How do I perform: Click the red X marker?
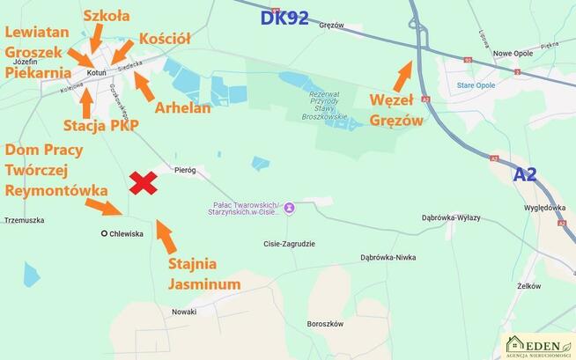(x=144, y=182)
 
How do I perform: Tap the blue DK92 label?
(x=284, y=18)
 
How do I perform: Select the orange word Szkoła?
(x=106, y=14)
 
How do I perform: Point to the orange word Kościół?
(x=165, y=39)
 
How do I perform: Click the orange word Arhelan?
(x=184, y=108)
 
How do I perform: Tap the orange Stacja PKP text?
(x=101, y=124)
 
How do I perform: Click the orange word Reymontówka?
(x=56, y=190)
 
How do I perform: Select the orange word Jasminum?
(x=203, y=284)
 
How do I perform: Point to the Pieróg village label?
(x=185, y=169)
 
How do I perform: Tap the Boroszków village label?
(x=323, y=323)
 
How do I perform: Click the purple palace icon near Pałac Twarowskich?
(x=289, y=209)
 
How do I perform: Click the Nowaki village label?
(x=184, y=312)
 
